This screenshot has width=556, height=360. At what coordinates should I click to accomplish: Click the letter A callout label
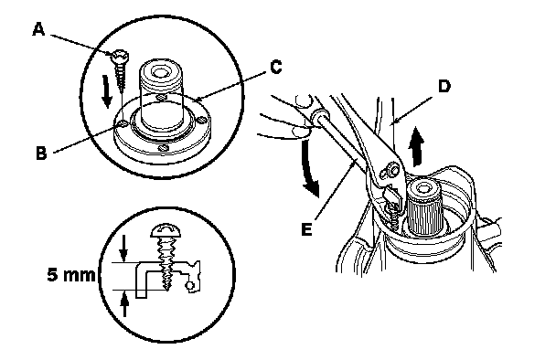coord(38,29)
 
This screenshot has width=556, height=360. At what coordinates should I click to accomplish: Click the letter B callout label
coord(41,154)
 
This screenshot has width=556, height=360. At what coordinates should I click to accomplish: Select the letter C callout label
coord(275,67)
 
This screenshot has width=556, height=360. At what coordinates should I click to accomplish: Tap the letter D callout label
coord(444,86)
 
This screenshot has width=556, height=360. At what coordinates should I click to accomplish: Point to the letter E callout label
coord(306,229)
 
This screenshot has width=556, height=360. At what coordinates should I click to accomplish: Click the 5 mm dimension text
coord(71,275)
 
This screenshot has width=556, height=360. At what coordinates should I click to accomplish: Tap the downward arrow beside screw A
coord(107,93)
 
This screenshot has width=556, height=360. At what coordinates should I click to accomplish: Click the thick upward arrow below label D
coord(417,147)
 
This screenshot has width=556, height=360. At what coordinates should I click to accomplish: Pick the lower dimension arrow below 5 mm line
coord(124,303)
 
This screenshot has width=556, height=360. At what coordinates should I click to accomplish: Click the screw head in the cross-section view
coord(166,230)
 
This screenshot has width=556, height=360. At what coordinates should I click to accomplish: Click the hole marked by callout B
coord(123,123)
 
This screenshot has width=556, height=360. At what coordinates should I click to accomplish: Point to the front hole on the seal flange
coord(163,148)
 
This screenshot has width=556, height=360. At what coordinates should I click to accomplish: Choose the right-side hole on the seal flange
coord(202,121)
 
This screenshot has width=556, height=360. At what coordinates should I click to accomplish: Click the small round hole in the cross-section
coord(190,285)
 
